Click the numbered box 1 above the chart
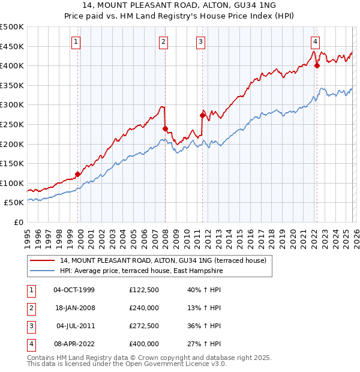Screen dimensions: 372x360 (77, 41)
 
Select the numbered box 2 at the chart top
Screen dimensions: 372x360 (163, 41)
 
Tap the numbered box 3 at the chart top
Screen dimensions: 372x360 (200, 41)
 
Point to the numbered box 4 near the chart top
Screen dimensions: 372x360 (315, 41)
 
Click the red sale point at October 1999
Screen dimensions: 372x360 (77, 174)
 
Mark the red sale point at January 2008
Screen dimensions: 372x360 (165, 128)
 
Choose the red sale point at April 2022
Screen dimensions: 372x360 (317, 65)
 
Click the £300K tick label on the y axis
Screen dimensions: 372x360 (12, 105)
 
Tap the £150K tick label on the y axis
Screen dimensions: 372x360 (12, 163)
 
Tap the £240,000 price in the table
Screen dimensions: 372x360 (144, 308)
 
